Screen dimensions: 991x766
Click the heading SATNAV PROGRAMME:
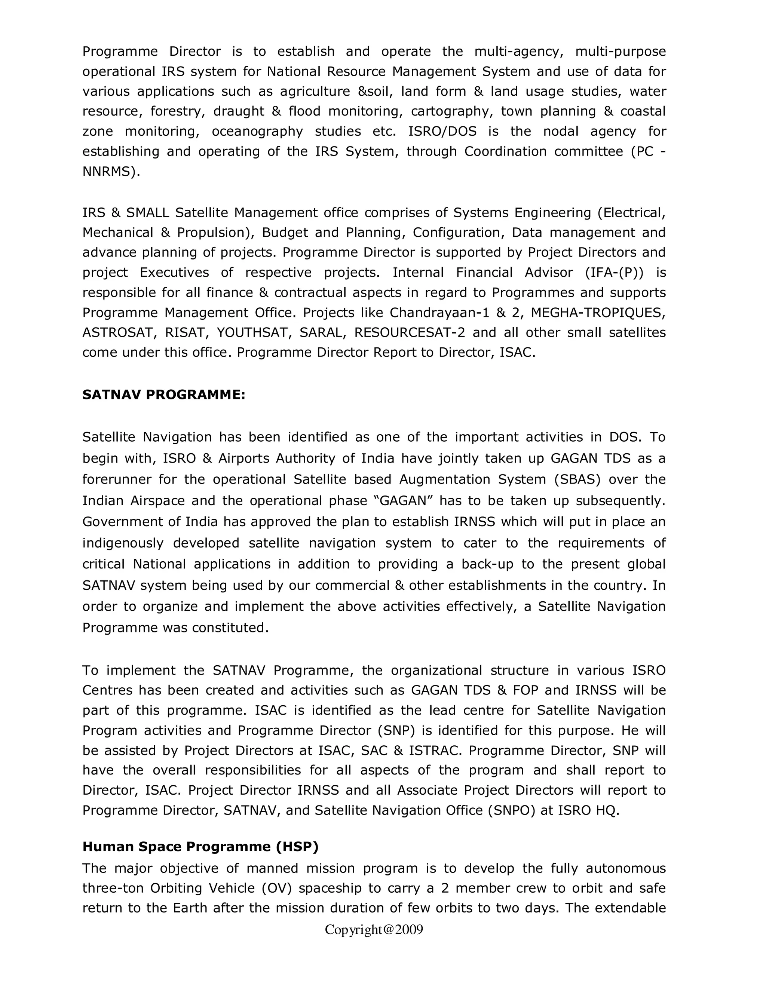click(163, 395)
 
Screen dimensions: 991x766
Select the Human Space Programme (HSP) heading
click(200, 847)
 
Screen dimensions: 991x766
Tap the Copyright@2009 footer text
click(374, 930)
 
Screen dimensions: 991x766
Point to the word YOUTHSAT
click(252, 332)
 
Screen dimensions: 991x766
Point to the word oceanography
click(257, 132)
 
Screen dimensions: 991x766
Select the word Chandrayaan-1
click(435, 313)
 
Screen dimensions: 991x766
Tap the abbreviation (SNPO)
click(511, 810)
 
